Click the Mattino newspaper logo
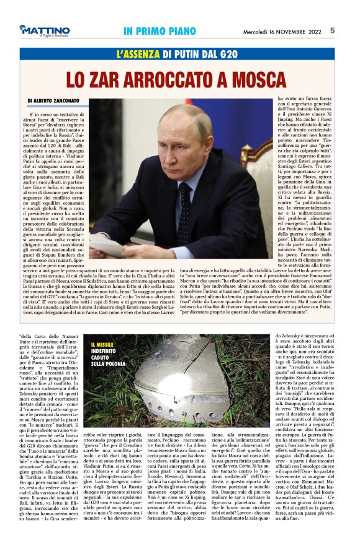[x=44, y=31]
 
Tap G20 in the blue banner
[x=225, y=55]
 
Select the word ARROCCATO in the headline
[x=179, y=79]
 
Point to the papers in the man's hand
[x=109, y=246]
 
